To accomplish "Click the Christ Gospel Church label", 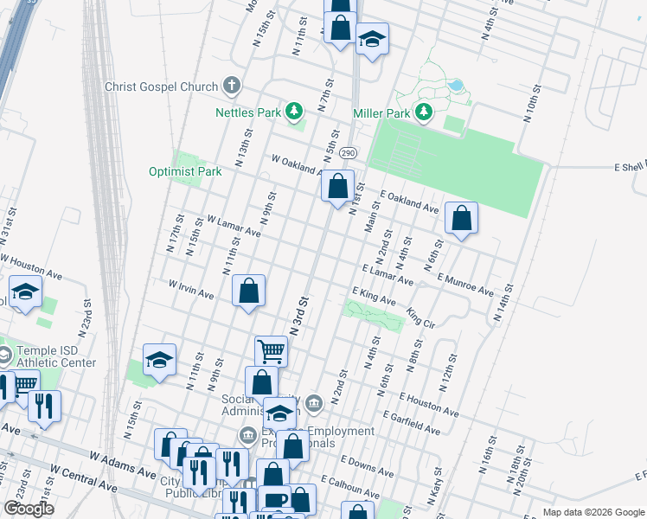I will [160, 86].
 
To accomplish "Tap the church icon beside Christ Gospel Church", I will [230, 86].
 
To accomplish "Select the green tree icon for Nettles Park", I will [295, 112].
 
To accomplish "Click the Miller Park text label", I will [381, 112].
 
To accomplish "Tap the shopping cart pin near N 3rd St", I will [271, 351].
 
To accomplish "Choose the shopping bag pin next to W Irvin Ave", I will [248, 291].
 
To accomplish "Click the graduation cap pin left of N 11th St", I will [160, 360].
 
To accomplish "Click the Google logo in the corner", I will [28, 509].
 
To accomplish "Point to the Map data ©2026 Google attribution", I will [593, 512].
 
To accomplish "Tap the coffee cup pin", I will [275, 500].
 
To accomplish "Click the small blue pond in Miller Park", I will [454, 86].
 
